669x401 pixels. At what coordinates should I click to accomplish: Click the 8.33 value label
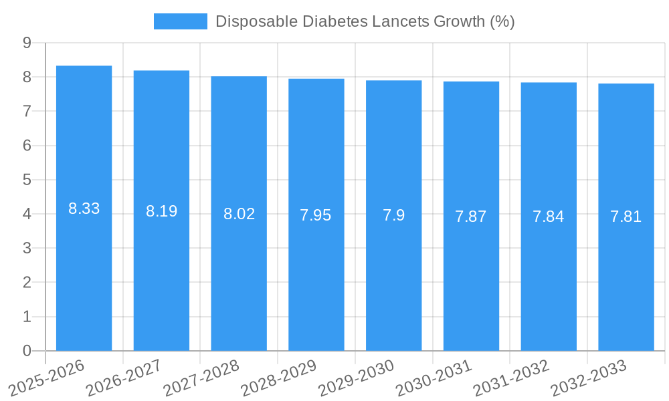pos(84,209)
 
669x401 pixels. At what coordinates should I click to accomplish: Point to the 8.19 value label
pos(161,211)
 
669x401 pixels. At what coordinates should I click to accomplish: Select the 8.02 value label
pos(239,214)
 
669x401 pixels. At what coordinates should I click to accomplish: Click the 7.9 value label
pos(393,215)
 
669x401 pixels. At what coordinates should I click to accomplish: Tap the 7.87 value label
pos(471,217)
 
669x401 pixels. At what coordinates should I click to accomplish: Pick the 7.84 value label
pos(549,217)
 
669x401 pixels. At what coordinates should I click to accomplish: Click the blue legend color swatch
pos(180,21)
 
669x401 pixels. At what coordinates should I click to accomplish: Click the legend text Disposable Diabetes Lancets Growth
pos(365,21)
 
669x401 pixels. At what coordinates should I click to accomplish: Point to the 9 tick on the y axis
pos(27,43)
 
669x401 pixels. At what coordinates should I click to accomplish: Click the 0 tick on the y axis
pos(27,351)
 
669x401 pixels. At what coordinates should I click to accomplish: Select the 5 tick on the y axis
pos(27,180)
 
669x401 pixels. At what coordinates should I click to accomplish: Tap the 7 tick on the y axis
pos(27,111)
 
